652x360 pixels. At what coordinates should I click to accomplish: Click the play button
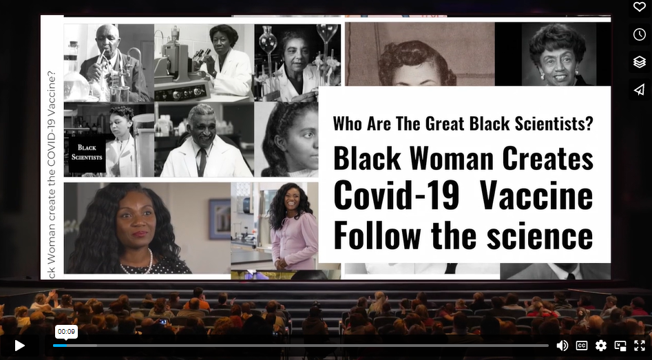(19, 346)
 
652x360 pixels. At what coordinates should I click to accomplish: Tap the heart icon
(639, 8)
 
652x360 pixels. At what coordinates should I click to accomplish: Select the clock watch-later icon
(639, 34)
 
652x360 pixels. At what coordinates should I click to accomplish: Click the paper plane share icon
(639, 89)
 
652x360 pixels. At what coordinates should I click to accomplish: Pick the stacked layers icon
(639, 62)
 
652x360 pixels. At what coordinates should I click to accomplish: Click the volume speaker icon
(562, 346)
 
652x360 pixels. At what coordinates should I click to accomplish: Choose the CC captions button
(582, 346)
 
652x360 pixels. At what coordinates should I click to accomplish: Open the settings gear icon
(601, 346)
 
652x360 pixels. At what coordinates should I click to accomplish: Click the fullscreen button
(640, 346)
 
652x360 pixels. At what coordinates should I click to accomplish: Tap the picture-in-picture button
(620, 346)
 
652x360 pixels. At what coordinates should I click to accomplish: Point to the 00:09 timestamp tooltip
(66, 332)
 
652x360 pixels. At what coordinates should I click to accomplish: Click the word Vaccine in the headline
(536, 196)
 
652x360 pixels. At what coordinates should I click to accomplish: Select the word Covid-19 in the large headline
(396, 196)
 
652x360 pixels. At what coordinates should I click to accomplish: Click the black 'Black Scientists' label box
(87, 152)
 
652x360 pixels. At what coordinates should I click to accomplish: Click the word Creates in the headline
(547, 158)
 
